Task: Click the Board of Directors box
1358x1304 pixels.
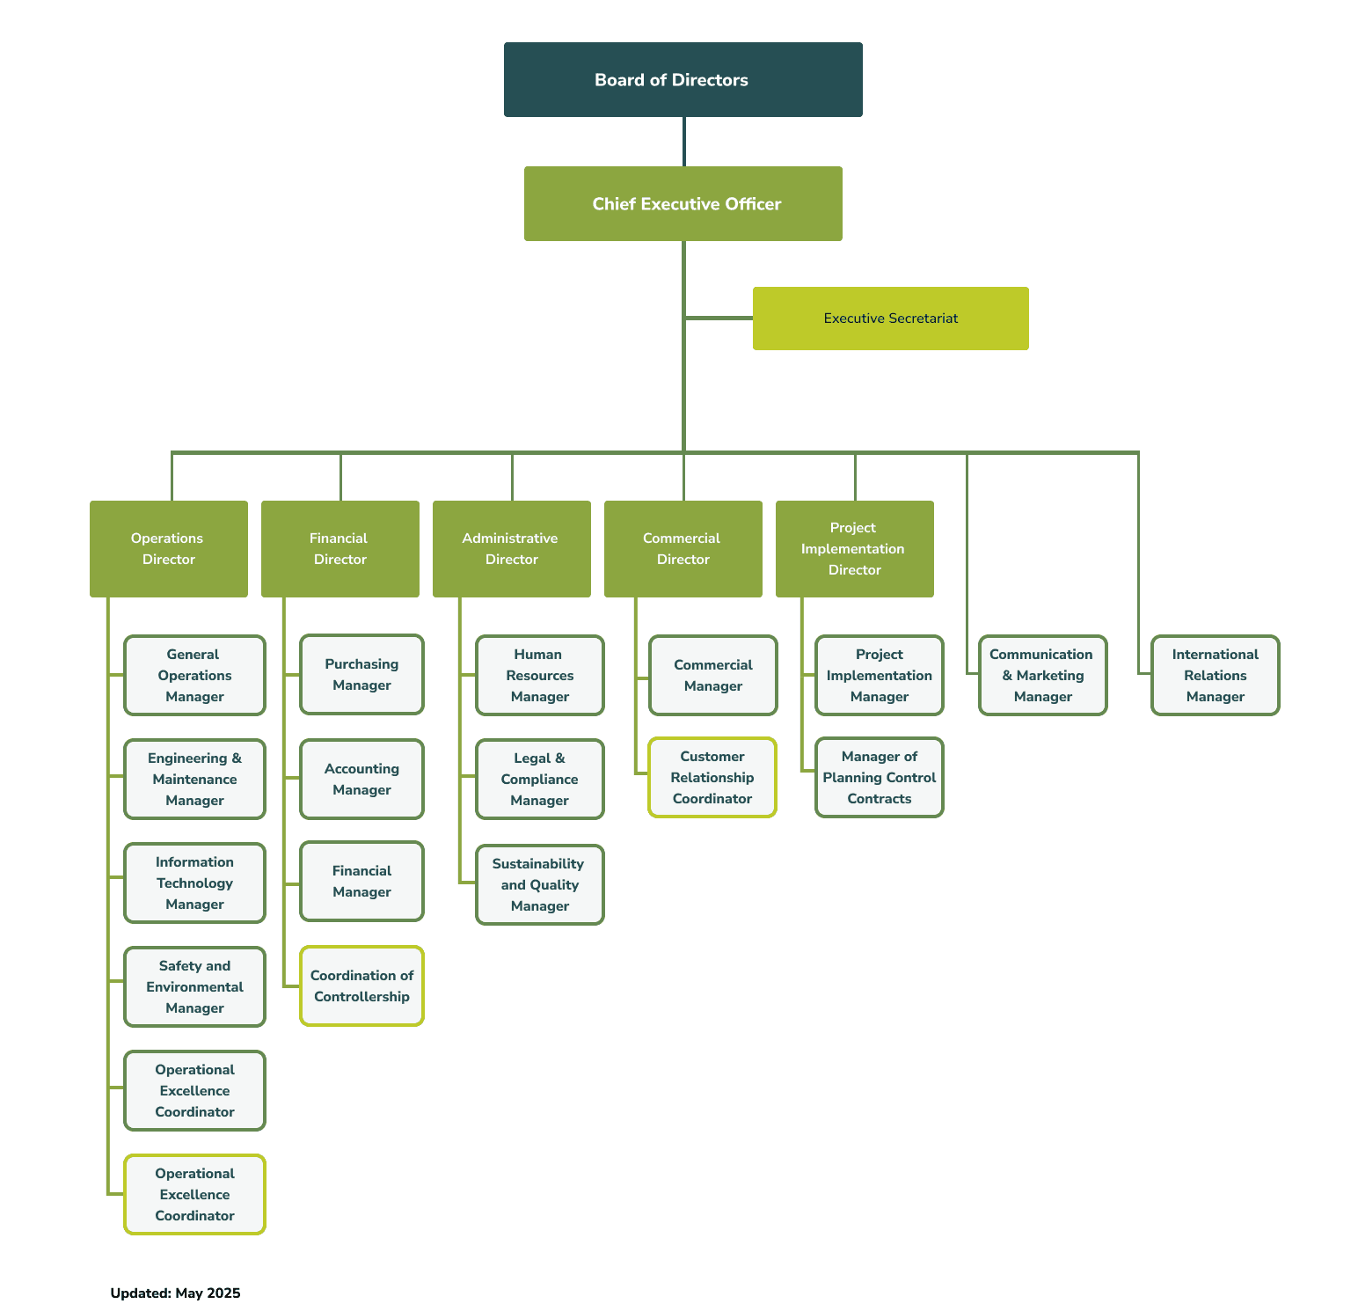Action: click(x=683, y=79)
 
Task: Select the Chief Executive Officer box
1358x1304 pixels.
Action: click(x=683, y=203)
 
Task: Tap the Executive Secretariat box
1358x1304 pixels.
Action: click(x=891, y=319)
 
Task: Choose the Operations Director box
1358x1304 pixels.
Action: click(x=169, y=549)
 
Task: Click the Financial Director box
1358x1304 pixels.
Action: click(x=340, y=549)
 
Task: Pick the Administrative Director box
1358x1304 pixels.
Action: click(x=512, y=549)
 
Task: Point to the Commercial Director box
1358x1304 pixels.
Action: click(x=683, y=549)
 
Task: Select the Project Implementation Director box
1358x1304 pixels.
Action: click(x=855, y=549)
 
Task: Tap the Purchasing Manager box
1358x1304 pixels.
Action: click(x=361, y=675)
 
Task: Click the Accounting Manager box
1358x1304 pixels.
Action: click(x=361, y=780)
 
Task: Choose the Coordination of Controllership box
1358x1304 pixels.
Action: click(x=361, y=986)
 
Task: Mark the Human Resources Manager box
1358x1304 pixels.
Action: click(x=540, y=676)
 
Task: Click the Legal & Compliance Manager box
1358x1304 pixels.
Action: click(x=540, y=780)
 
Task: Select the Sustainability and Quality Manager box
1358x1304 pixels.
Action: click(x=540, y=885)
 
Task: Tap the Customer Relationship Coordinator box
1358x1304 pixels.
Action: click(x=712, y=778)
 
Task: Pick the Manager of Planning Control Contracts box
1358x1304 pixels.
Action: click(x=880, y=778)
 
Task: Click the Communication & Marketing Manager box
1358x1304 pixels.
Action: click(x=1043, y=676)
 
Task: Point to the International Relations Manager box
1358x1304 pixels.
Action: click(x=1216, y=676)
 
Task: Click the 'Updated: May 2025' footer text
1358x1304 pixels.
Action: click(x=175, y=1293)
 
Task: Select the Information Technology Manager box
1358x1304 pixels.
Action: click(x=194, y=883)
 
